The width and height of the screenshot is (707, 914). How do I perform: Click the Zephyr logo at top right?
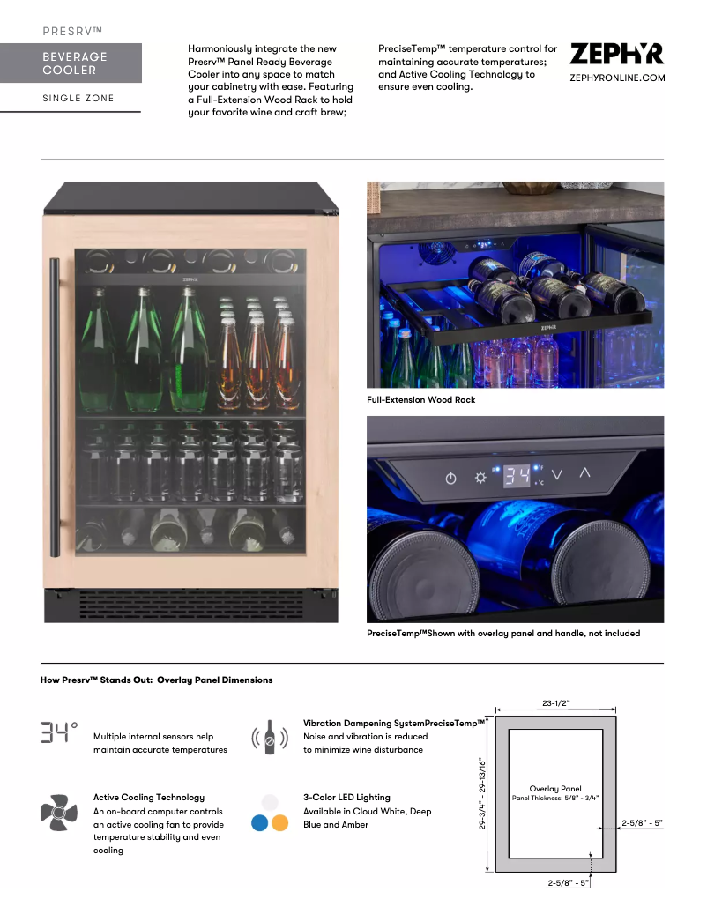click(617, 54)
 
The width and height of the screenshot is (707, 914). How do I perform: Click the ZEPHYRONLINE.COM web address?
click(617, 78)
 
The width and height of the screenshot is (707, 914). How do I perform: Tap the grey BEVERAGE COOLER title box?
click(71, 63)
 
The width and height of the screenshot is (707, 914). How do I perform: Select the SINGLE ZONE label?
click(78, 98)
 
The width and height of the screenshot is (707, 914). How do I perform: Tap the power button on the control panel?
click(451, 479)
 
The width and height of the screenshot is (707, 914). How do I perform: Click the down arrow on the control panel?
click(557, 475)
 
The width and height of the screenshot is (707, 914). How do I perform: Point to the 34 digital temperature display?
click(518, 477)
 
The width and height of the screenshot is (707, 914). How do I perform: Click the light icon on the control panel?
click(480, 478)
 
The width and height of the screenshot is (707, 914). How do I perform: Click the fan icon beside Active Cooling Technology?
click(58, 812)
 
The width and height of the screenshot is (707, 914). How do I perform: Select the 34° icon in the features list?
click(58, 732)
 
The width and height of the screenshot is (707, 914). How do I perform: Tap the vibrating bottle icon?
click(270, 738)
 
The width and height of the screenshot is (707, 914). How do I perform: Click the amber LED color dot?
click(279, 823)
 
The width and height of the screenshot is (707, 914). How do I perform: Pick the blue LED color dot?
click(260, 823)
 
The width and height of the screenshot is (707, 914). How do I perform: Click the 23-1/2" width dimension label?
click(555, 703)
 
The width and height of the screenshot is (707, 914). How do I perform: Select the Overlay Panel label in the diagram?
click(555, 789)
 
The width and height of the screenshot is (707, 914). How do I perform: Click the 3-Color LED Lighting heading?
click(346, 798)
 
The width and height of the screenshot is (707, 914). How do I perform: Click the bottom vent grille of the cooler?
click(191, 605)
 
